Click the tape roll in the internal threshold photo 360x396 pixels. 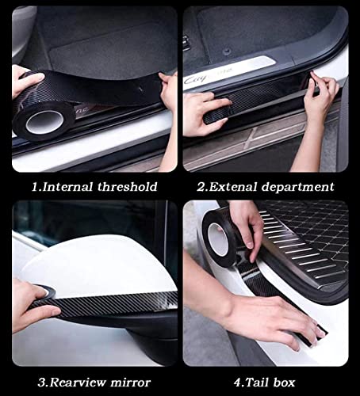(44, 119)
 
